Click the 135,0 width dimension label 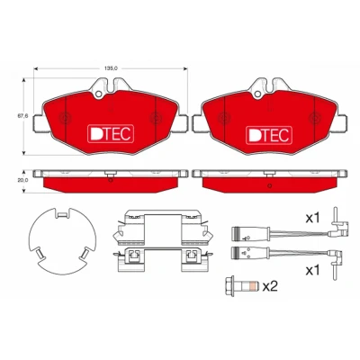(111, 68)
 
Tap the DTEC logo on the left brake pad (111, 134)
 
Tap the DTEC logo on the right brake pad (269, 135)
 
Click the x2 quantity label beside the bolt (270, 287)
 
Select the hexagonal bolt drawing (241, 286)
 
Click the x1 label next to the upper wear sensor (313, 219)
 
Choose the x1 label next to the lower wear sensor (313, 271)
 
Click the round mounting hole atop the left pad (98, 94)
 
